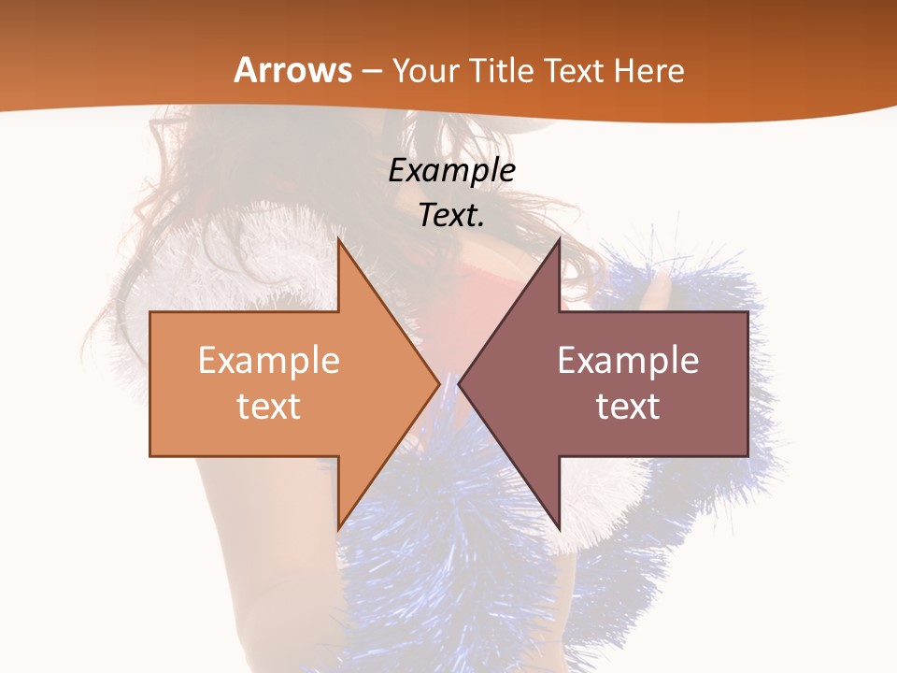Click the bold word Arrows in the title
pyautogui.click(x=293, y=70)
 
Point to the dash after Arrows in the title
pyautogui.click(x=371, y=71)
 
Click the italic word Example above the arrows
pyautogui.click(x=452, y=170)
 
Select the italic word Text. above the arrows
pyautogui.click(x=452, y=215)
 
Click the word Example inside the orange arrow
pyautogui.click(x=269, y=360)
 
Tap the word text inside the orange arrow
pyautogui.click(x=269, y=406)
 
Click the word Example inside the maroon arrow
pyautogui.click(x=628, y=360)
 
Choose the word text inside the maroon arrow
pyautogui.click(x=628, y=406)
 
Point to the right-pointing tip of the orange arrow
pyautogui.click(x=438, y=383)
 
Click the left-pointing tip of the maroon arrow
pyautogui.click(x=460, y=383)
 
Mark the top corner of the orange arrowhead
pyautogui.click(x=338, y=239)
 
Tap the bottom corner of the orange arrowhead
pyautogui.click(x=338, y=529)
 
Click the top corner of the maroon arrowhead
pyautogui.click(x=559, y=239)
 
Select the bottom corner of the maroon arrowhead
pyautogui.click(x=559, y=529)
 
